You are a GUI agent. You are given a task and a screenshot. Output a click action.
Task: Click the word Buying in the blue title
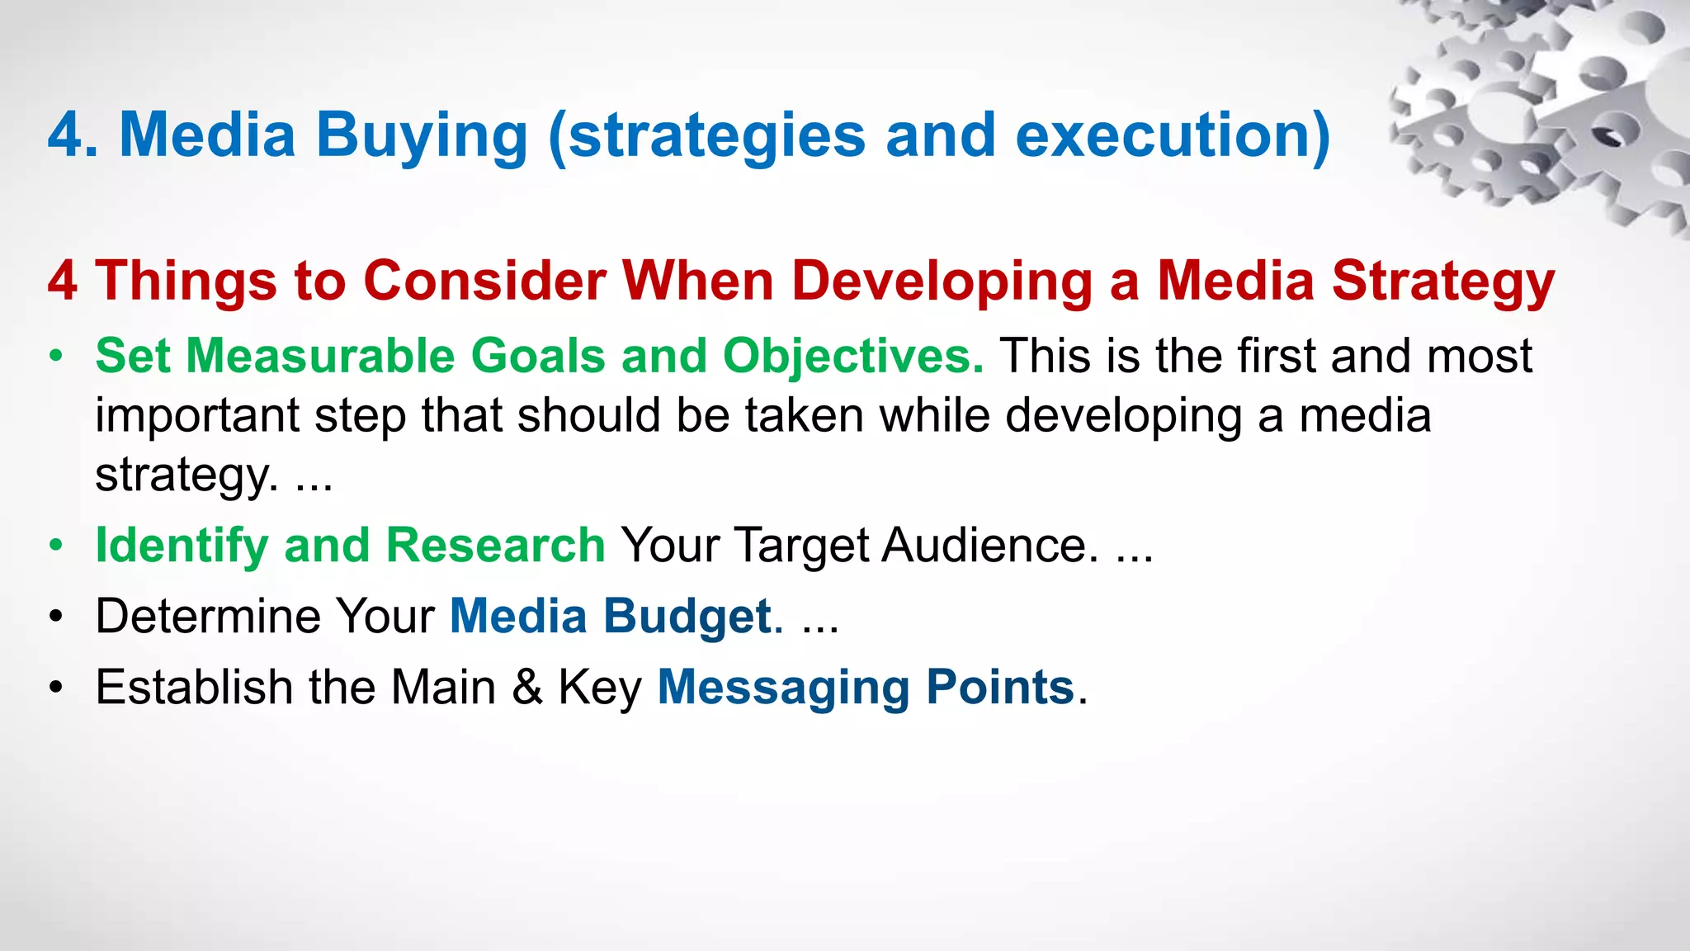pos(422,137)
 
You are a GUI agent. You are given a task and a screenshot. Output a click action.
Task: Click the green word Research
pos(496,545)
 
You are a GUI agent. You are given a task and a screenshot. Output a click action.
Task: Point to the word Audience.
pos(990,545)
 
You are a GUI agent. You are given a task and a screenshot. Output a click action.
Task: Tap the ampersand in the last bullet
pos(527,687)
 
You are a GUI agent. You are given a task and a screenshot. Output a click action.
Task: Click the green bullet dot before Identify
pos(55,546)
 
